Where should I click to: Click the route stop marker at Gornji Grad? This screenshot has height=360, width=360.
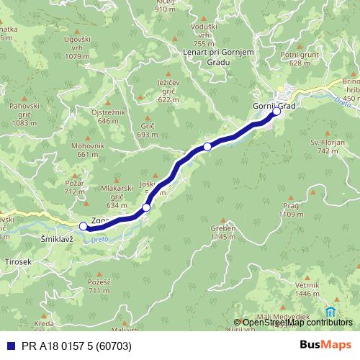pyautogui.click(x=276, y=112)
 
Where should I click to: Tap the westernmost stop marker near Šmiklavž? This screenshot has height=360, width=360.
pyautogui.click(x=83, y=226)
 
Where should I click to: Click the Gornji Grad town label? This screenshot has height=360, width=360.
pyautogui.click(x=274, y=105)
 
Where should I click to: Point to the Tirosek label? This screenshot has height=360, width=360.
pyautogui.click(x=18, y=262)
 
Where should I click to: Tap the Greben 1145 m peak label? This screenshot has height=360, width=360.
pyautogui.click(x=223, y=232)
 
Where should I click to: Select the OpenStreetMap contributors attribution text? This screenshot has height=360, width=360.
pyautogui.click(x=297, y=322)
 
